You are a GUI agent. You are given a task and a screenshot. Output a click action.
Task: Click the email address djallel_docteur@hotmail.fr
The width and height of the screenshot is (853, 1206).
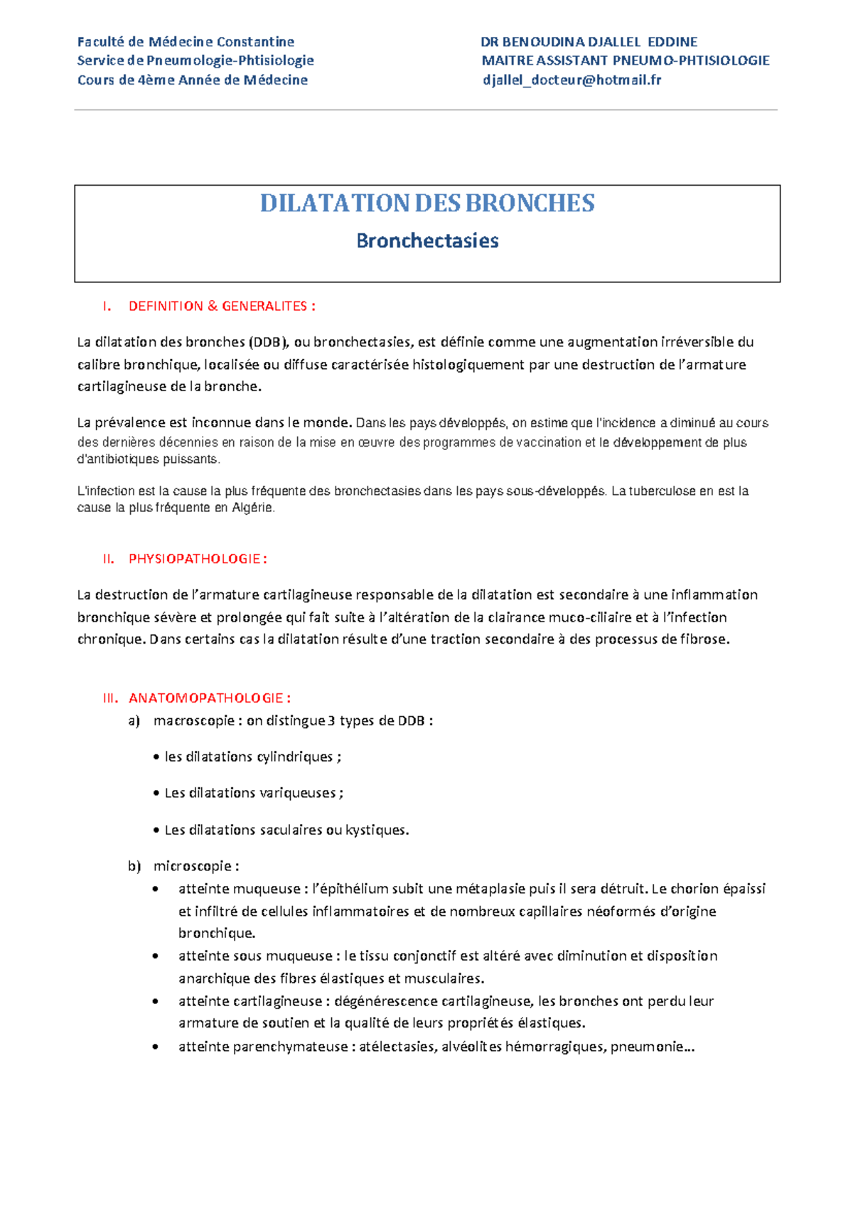(572, 80)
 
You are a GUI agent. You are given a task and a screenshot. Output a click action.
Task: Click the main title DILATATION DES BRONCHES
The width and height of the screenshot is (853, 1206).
(427, 203)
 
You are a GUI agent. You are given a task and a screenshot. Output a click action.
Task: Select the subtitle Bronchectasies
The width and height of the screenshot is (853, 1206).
(427, 241)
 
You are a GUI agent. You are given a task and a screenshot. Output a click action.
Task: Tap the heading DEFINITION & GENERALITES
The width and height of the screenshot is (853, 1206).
(221, 306)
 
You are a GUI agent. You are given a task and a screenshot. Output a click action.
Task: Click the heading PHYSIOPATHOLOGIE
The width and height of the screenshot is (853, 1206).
(197, 559)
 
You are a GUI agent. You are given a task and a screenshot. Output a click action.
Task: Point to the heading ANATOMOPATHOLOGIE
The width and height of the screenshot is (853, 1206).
(209, 698)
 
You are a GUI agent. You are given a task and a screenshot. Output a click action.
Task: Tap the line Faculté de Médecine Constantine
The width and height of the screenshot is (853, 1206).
(186, 42)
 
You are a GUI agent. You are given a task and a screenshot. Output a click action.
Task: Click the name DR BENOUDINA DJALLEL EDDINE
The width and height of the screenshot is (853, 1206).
(589, 42)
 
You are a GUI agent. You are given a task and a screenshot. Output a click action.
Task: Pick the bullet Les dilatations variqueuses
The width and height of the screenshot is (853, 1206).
(253, 793)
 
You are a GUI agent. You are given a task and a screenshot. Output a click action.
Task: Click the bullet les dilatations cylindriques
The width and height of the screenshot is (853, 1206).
(252, 757)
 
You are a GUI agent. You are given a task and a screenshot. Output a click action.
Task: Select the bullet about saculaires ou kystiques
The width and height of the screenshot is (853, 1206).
(286, 830)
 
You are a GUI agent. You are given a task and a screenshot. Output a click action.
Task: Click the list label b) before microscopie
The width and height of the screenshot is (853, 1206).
(134, 866)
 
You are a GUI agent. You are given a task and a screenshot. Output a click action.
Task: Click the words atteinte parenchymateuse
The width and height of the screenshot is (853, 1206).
(263, 1047)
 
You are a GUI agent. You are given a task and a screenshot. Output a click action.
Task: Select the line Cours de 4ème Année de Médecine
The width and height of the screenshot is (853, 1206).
(193, 80)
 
